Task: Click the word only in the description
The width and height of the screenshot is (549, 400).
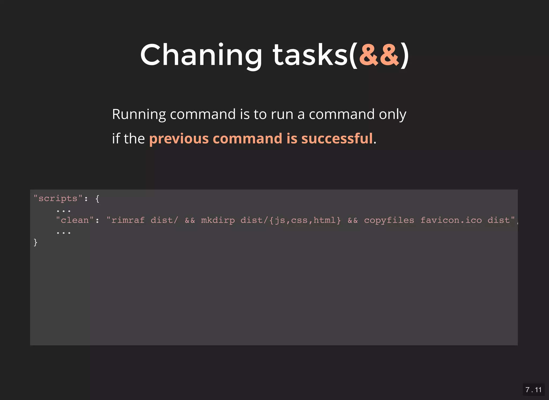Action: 392,115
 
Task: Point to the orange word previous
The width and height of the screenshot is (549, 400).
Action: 179,139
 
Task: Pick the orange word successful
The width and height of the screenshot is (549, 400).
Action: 337,139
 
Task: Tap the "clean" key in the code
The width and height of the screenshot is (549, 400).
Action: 75,220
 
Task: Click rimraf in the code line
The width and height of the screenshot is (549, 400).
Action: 128,220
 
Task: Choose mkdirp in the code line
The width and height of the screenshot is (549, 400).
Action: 218,220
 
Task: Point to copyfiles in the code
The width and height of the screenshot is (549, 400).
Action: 389,220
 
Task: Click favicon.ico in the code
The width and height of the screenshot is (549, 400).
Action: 451,220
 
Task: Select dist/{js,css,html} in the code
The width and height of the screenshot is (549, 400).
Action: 291,220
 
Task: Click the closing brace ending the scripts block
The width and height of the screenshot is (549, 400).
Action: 35,242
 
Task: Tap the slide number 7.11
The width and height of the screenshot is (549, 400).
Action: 533,390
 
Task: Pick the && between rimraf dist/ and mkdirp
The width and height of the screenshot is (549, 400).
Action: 190,220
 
